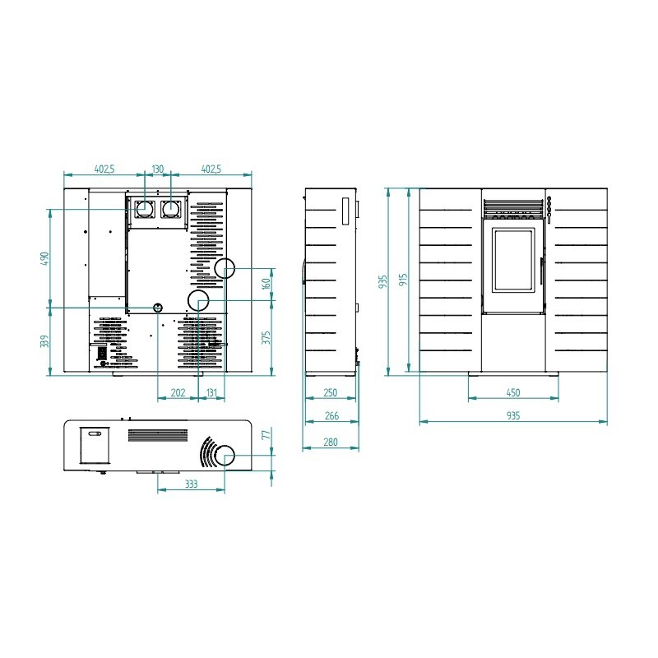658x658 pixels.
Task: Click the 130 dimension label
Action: [x=158, y=169]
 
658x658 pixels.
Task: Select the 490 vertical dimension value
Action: [x=45, y=258]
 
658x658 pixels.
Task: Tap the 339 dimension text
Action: [x=45, y=341]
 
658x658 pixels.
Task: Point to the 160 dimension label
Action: [x=266, y=284]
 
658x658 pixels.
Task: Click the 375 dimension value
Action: [x=266, y=337]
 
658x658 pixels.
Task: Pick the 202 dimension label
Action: [x=178, y=393]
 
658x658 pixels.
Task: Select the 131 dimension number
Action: [x=212, y=393]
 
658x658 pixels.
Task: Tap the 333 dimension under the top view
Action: [x=192, y=484]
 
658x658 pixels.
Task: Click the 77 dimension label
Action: [x=266, y=435]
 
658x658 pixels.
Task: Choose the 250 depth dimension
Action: [x=331, y=393]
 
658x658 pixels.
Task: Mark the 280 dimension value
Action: [x=331, y=443]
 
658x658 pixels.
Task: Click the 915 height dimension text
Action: [x=403, y=280]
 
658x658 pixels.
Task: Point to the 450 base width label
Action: [x=513, y=393]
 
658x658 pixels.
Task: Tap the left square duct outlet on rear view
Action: [x=145, y=210]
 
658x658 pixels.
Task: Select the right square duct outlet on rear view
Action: [x=171, y=210]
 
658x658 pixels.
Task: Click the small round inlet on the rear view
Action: [x=158, y=308]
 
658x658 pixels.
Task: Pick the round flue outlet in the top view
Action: [x=225, y=456]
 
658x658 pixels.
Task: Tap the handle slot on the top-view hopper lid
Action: [x=95, y=433]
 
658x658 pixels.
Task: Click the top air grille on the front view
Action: [x=513, y=208]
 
